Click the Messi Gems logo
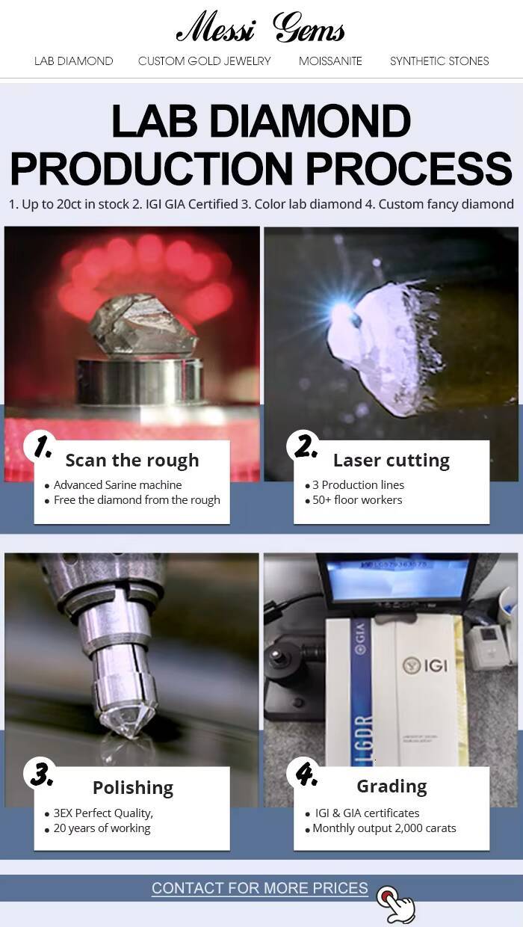261,28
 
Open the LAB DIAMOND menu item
73,61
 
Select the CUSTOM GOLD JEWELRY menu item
204,61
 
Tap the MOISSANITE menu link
330,61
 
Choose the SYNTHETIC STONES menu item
439,61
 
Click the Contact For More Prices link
260,888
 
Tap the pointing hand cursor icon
396,902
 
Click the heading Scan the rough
132,461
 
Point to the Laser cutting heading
392,461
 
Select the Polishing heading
133,787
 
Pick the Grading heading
392,786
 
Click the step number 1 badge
41,447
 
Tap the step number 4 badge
306,772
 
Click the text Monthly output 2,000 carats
384,828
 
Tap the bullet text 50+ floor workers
357,500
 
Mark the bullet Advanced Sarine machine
118,484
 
